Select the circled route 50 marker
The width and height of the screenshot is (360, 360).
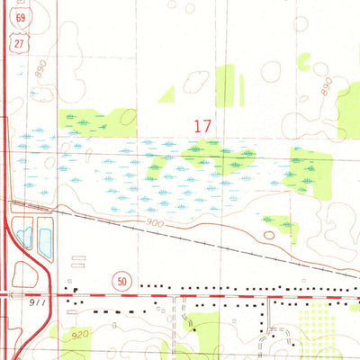click(121, 282)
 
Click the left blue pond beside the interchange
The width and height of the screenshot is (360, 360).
click(25, 238)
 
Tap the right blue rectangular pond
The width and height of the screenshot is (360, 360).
click(45, 238)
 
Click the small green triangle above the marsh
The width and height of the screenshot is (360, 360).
click(166, 94)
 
